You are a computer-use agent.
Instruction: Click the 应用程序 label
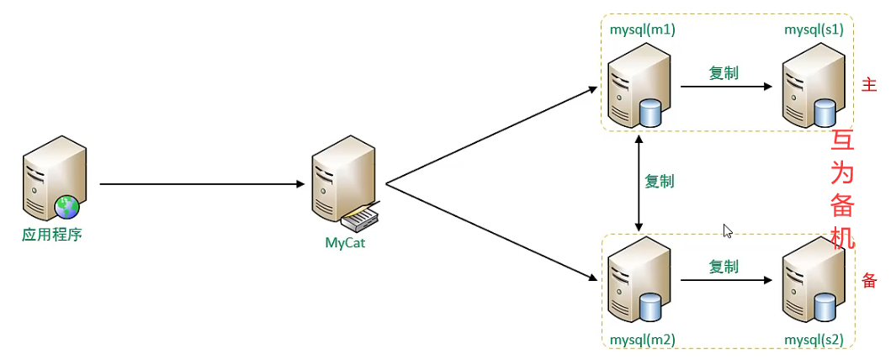point(52,234)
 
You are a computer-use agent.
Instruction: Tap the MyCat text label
point(346,243)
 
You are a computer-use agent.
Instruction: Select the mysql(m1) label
point(642,29)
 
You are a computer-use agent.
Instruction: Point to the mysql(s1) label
point(814,29)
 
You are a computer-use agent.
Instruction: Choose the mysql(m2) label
point(642,340)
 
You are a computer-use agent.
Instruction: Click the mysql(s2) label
point(814,340)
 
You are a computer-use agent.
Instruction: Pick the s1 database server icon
point(811,86)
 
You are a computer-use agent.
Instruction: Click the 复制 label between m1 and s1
point(724,73)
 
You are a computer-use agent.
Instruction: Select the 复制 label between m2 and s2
point(724,267)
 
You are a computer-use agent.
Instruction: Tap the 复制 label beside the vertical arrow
point(659,181)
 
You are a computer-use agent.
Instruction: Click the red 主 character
point(869,85)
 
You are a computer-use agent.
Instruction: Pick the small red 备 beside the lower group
point(869,281)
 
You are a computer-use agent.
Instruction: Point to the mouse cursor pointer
point(727,230)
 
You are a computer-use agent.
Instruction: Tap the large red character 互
point(842,140)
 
